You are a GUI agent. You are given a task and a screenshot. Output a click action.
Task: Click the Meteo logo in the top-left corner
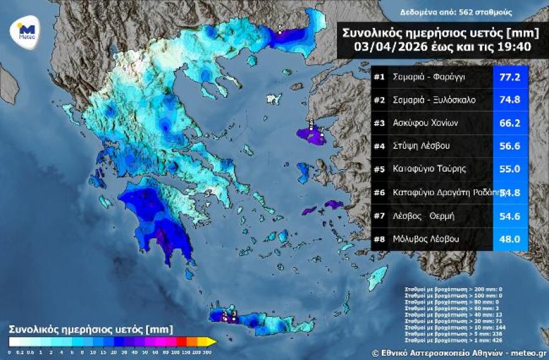pos(25,30)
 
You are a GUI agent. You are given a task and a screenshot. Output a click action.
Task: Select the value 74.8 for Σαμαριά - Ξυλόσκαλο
pos(511,100)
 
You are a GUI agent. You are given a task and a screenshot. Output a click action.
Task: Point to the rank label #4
pos(380,147)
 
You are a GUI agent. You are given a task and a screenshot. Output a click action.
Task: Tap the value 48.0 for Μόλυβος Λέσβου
pos(511,239)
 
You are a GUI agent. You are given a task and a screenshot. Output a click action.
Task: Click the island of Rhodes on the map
pos(378,278)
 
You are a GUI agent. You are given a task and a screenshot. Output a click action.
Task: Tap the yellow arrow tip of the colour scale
pos(212,342)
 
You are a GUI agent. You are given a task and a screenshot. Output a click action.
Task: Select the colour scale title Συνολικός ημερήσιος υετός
pos(90,328)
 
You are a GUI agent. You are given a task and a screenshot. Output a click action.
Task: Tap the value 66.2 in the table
pos(511,124)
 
